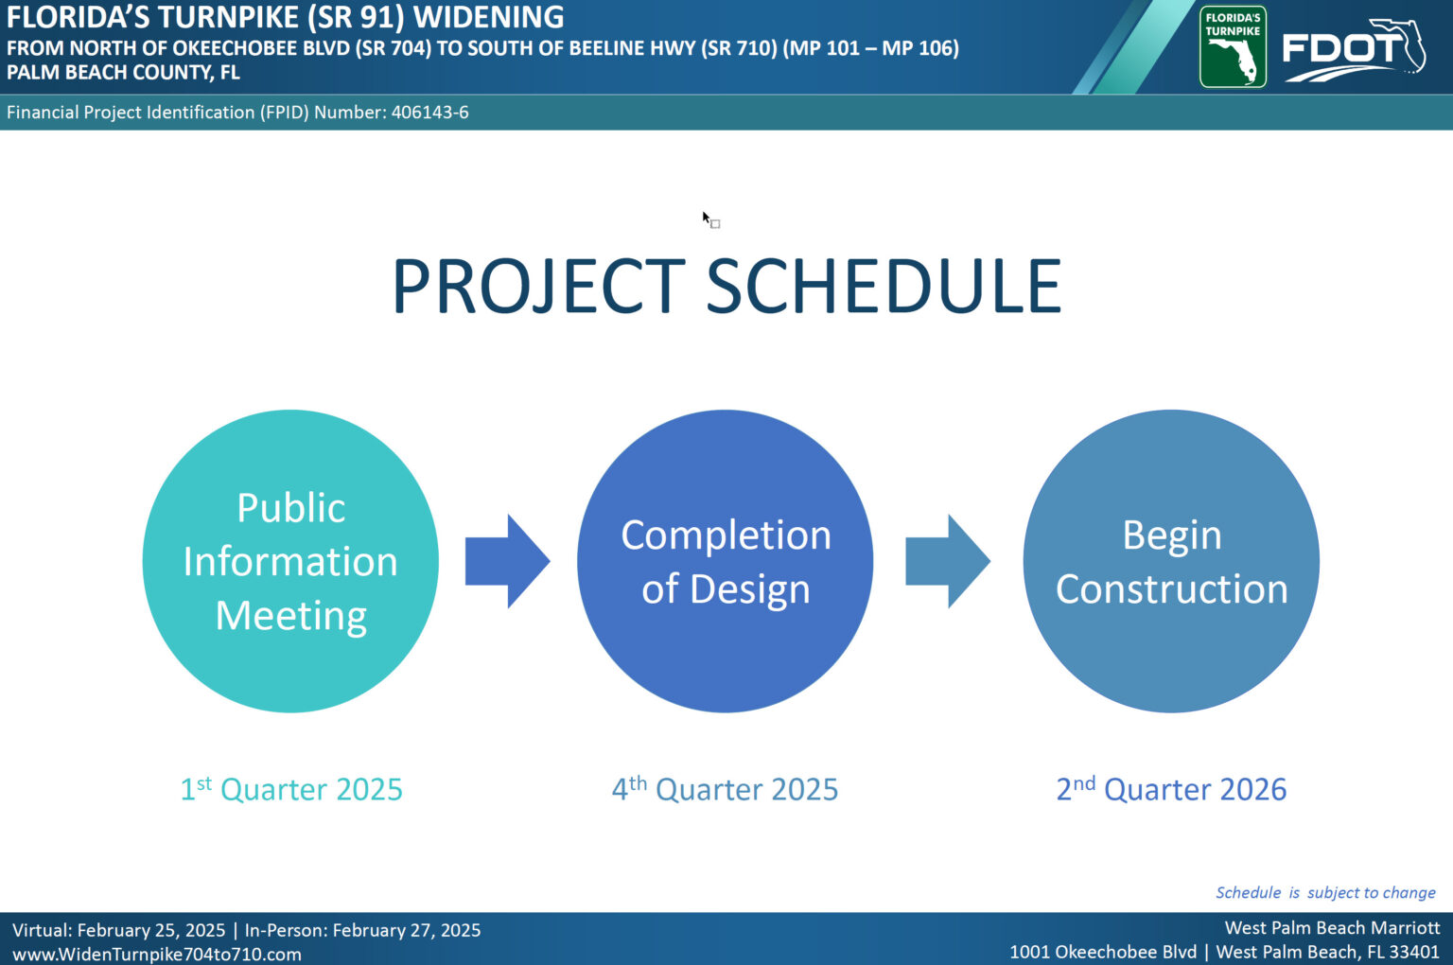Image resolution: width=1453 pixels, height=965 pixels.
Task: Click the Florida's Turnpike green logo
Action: point(1233,46)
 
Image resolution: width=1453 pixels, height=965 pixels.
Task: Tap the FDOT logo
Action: point(1354,50)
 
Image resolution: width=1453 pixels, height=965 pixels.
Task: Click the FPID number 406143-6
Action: point(429,113)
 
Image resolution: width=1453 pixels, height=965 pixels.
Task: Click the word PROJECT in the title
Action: point(537,286)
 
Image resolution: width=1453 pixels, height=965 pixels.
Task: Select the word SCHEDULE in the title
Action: point(884,286)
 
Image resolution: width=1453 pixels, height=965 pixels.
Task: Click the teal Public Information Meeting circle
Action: point(290,561)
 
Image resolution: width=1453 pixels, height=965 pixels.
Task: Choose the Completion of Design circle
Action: point(726,561)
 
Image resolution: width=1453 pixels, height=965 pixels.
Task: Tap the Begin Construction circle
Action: point(1171,561)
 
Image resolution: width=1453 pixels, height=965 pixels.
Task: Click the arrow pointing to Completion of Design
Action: point(508,561)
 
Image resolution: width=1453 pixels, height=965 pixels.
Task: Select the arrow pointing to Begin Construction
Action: point(949,561)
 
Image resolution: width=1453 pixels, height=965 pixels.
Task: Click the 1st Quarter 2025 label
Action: point(290,789)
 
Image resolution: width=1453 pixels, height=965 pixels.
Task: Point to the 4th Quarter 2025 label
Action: point(726,789)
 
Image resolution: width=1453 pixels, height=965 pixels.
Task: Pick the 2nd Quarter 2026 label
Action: point(1171,789)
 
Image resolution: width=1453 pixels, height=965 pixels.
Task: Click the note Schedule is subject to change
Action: point(1325,893)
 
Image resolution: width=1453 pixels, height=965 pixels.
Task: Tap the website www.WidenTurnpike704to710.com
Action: point(157,954)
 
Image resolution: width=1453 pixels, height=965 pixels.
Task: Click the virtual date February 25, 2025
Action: point(151,931)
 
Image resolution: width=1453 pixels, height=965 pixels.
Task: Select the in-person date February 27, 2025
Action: point(407,931)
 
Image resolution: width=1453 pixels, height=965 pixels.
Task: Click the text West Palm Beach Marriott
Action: point(1332,928)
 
